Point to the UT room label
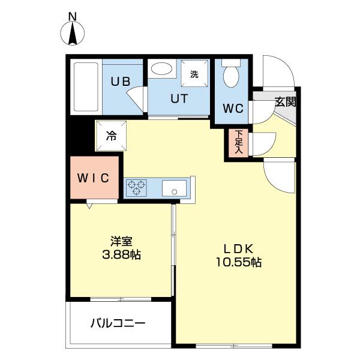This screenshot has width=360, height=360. click(178, 99)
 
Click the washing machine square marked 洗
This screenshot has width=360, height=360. click(194, 74)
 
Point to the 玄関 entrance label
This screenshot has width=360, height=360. click(286, 101)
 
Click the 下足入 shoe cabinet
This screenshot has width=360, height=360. click(238, 143)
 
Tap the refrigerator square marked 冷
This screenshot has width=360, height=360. click(111, 135)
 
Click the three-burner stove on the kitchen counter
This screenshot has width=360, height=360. click(137, 188)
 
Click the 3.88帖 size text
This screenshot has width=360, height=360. click(121, 254)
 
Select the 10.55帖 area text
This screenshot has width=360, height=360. click(239, 262)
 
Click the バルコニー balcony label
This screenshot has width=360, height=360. click(118, 323)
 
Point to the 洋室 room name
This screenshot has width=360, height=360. click(121, 241)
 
